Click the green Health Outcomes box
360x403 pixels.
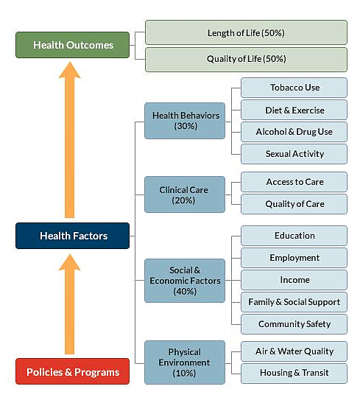click(72, 45)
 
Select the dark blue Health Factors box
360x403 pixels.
click(72, 236)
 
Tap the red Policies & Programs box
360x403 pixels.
click(72, 371)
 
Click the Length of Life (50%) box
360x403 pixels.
click(246, 32)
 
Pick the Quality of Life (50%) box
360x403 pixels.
click(246, 60)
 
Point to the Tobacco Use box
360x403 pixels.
click(294, 88)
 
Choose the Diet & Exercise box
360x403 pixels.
click(294, 110)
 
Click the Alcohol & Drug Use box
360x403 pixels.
click(294, 132)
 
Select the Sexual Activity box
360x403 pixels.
click(294, 154)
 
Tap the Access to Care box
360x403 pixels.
click(294, 182)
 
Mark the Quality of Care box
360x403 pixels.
click(294, 204)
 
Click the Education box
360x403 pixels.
click(294, 236)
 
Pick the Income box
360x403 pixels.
click(294, 280)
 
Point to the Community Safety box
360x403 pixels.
click(294, 324)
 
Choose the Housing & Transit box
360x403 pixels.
click(294, 374)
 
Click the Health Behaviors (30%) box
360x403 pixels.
click(185, 121)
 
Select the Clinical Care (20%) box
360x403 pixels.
click(185, 195)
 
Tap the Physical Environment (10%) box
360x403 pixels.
click(185, 362)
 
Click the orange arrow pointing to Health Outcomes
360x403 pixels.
click(70, 139)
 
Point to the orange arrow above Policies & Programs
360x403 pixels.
click(70, 304)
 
